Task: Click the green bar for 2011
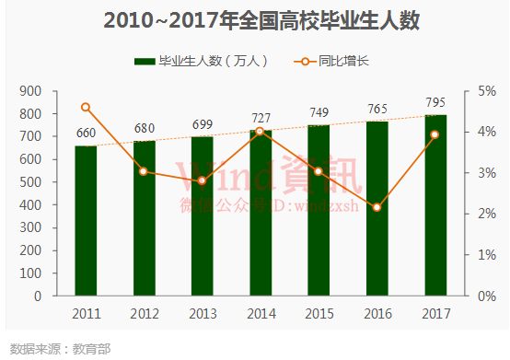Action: click(x=86, y=221)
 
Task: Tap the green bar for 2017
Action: click(x=435, y=205)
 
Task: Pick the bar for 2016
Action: click(x=377, y=209)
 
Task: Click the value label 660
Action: click(x=86, y=133)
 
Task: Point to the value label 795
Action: click(x=435, y=102)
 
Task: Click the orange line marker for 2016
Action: click(x=377, y=207)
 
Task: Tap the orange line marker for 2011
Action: click(x=86, y=107)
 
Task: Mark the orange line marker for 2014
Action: click(x=260, y=131)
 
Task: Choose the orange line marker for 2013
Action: click(x=202, y=180)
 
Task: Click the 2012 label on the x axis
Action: click(x=144, y=315)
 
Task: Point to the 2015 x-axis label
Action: click(x=319, y=315)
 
